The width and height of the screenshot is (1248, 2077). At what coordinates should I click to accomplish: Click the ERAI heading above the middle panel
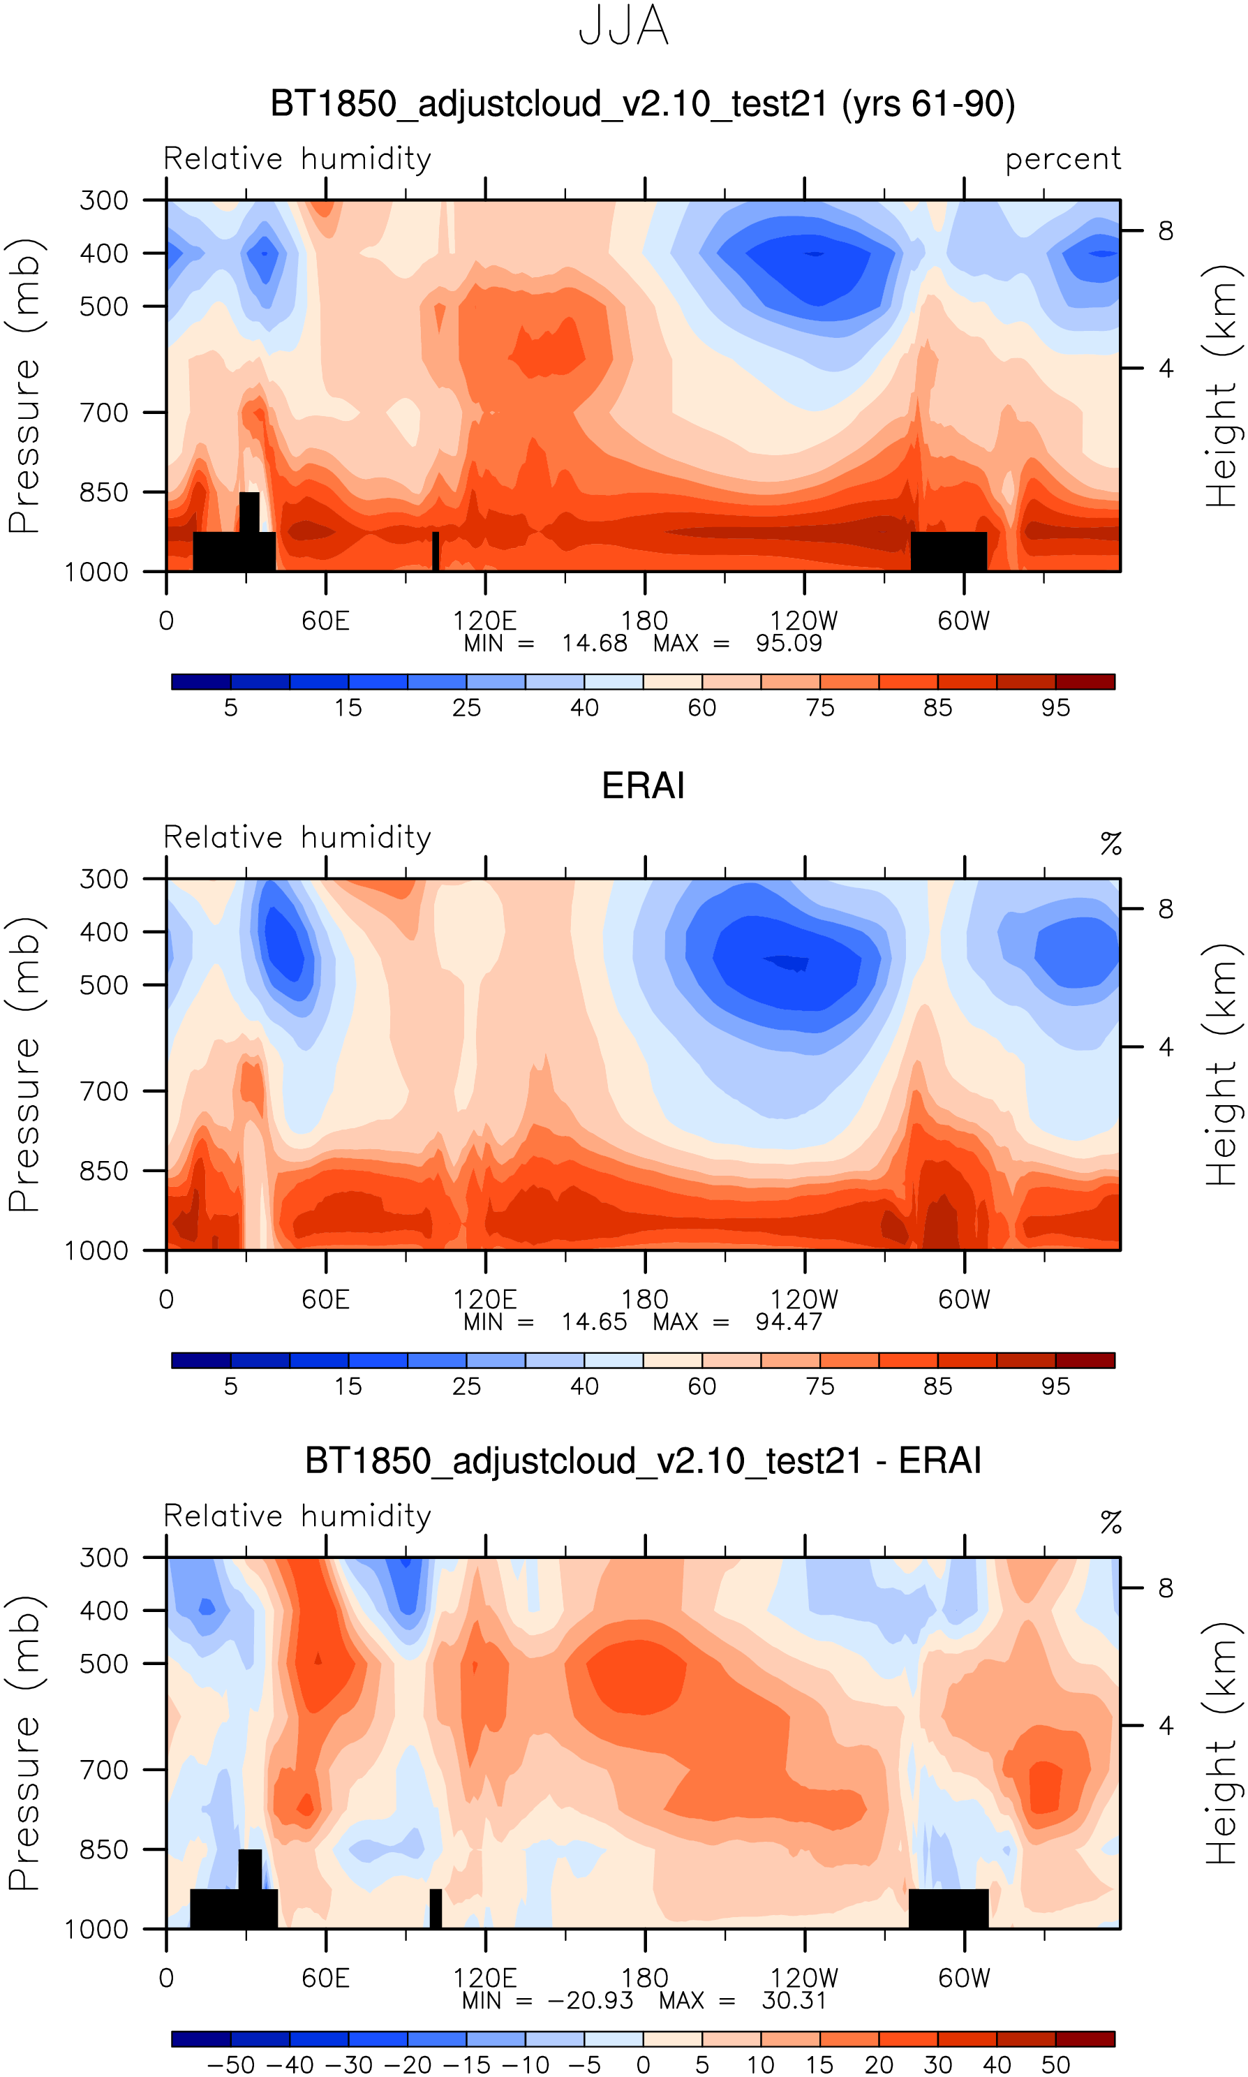[x=644, y=785]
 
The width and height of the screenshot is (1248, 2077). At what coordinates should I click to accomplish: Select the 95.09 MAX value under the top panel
[x=788, y=643]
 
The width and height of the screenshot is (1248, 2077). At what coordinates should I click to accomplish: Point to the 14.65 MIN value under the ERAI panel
[x=594, y=1322]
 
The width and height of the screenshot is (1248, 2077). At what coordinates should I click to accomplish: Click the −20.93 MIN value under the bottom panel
[x=590, y=2000]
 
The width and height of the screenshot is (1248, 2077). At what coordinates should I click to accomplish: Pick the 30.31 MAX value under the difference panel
[x=794, y=2000]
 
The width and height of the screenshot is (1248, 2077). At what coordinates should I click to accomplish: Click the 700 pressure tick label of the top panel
[x=103, y=413]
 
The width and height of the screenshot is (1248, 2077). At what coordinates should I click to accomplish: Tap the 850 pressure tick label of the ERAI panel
[x=103, y=1171]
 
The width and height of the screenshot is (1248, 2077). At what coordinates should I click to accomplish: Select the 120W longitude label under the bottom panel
[x=804, y=1978]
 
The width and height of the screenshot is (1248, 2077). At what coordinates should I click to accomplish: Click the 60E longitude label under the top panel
[x=325, y=621]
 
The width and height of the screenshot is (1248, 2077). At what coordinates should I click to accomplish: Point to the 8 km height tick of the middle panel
[x=1166, y=909]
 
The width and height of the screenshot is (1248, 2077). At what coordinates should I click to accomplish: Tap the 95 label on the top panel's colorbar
[x=1055, y=708]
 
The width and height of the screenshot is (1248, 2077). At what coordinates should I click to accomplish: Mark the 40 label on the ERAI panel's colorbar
[x=584, y=1387]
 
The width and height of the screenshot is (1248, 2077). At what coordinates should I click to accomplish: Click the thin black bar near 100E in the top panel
[x=436, y=551]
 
